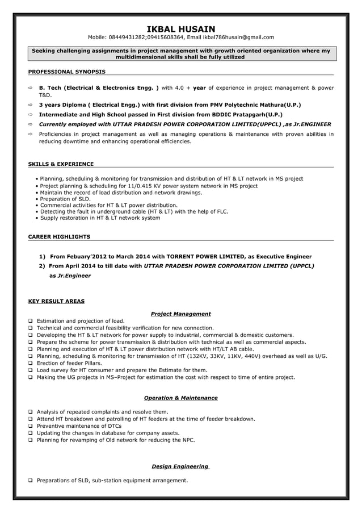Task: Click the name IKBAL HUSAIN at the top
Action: [180, 28]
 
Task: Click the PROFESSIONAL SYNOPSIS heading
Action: [66, 72]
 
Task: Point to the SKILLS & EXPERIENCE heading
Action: [61, 164]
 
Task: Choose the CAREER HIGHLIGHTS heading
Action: [59, 236]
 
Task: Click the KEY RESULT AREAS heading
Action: [56, 301]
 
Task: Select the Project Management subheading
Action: [180, 314]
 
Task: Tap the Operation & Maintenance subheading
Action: [180, 398]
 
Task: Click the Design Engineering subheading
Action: [180, 466]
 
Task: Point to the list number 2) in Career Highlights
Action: [42, 265]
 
